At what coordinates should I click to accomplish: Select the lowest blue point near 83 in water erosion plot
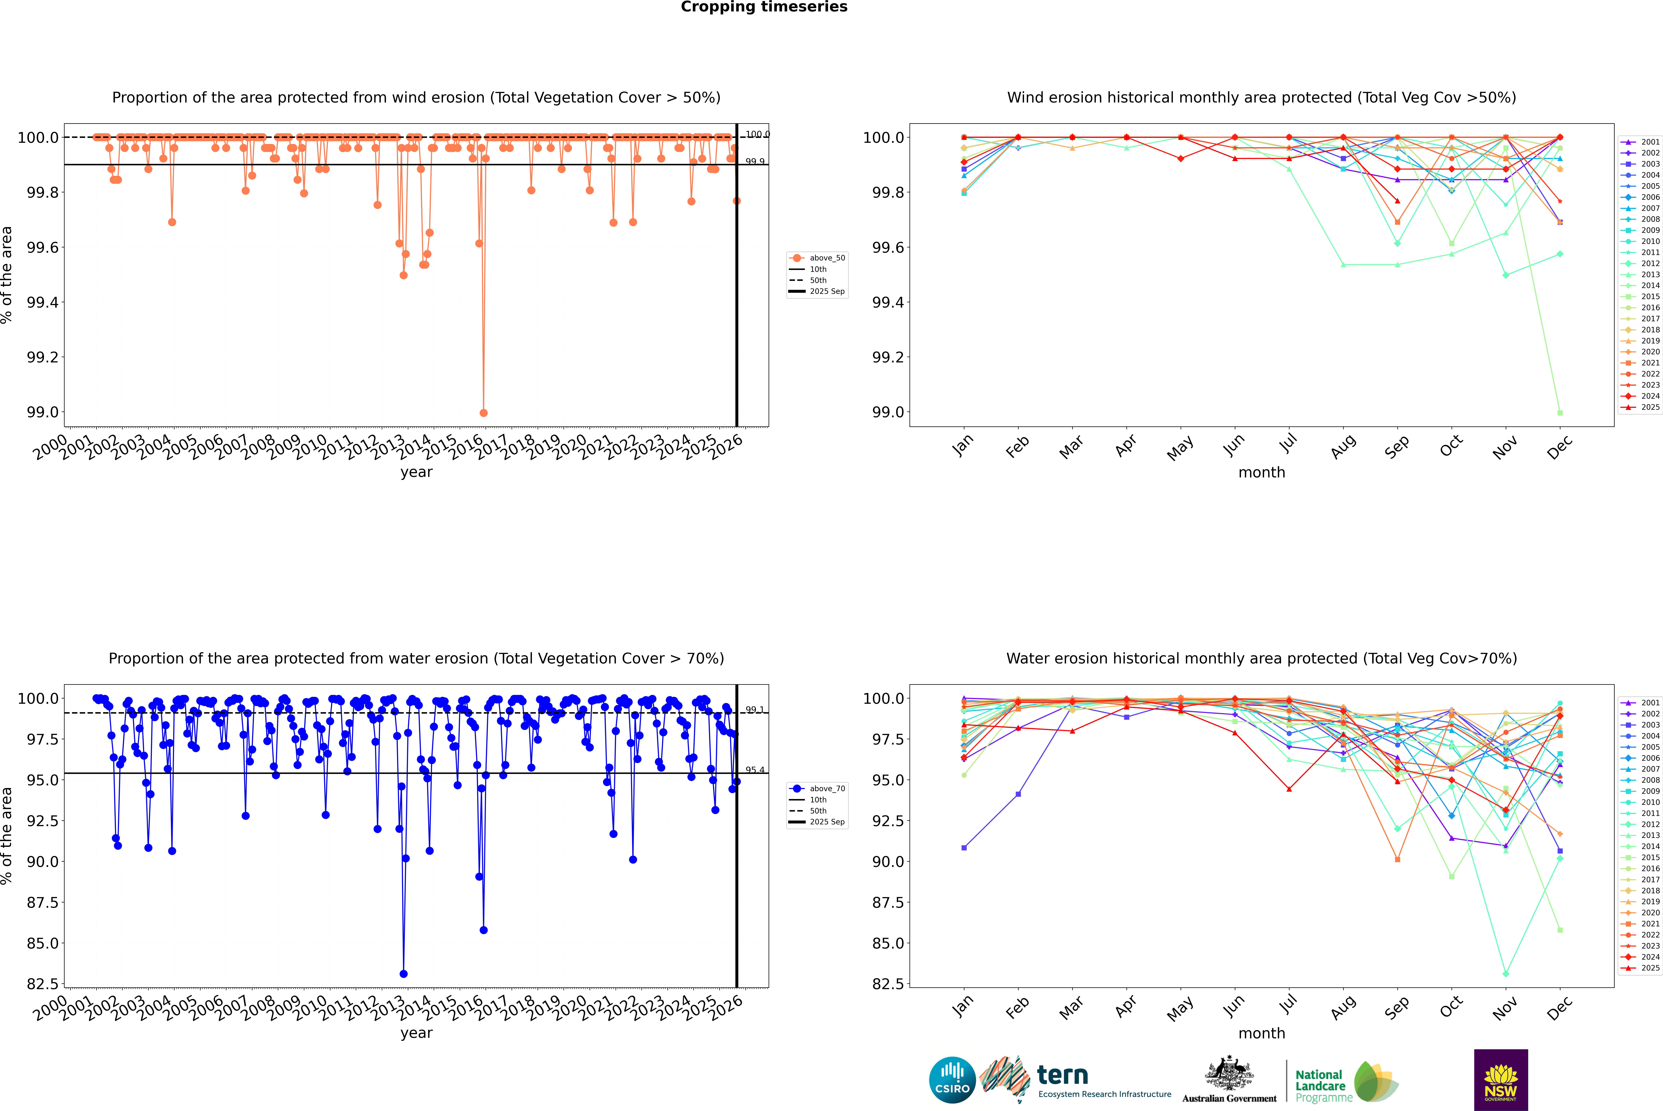pos(403,973)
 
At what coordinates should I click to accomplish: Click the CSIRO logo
pos(952,1081)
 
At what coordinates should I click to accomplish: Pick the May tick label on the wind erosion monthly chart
pos(1180,448)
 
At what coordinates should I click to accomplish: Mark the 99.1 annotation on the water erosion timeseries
pos(754,710)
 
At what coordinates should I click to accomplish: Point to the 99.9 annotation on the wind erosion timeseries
pos(754,162)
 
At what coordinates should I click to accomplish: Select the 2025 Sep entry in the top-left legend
pos(826,291)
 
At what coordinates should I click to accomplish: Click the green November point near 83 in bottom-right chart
pos(1506,973)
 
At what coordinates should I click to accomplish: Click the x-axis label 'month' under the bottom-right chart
pos(1261,1033)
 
